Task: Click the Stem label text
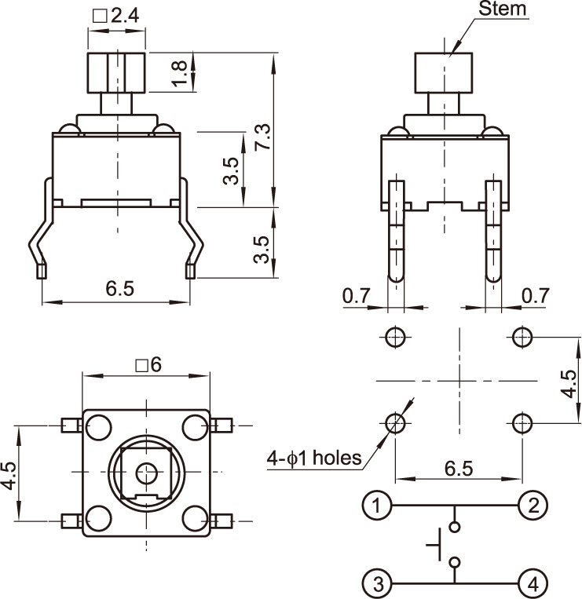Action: [504, 9]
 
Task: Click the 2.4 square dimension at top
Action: [117, 16]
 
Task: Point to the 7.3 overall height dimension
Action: [263, 137]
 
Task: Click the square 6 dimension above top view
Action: [148, 365]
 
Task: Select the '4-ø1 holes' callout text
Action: [313, 458]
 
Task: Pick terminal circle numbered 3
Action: [377, 584]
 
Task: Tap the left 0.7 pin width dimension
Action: [356, 296]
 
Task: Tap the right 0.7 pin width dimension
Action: [536, 296]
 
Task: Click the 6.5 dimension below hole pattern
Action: [459, 468]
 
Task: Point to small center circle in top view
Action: [145, 472]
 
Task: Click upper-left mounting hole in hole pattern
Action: [395, 338]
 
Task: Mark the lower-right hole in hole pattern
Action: [522, 424]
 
